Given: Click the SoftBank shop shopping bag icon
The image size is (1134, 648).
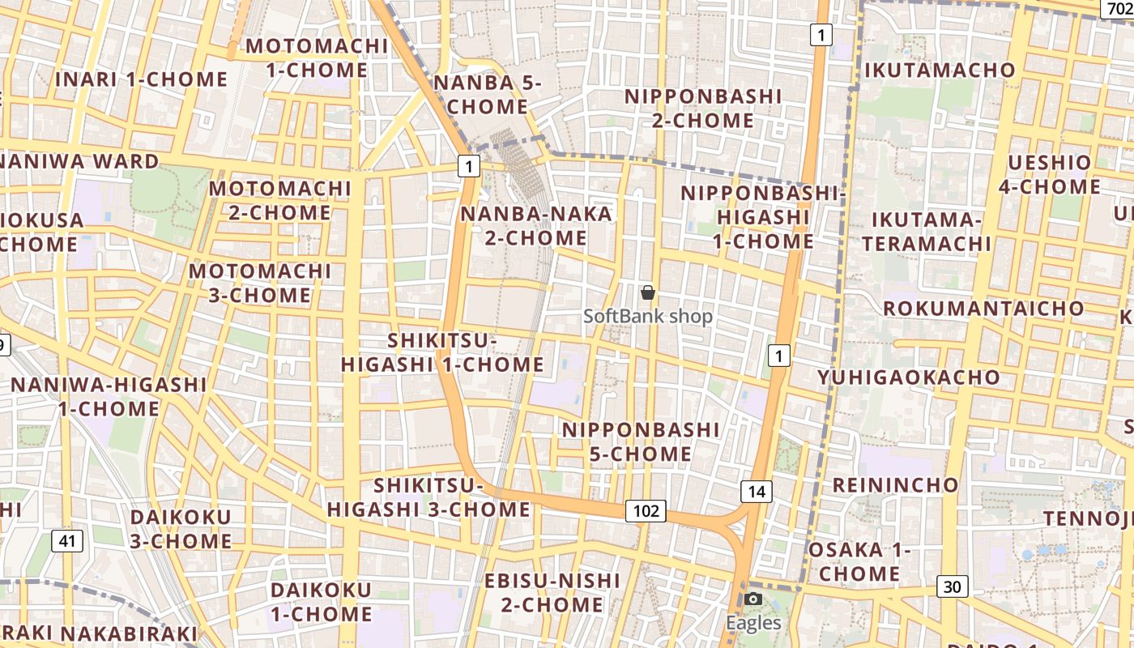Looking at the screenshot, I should coord(648,292).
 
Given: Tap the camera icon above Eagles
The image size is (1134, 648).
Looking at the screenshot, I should coord(753,599).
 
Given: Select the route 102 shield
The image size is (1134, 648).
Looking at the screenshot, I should coord(646,511).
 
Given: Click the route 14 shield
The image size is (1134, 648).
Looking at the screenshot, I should coord(756,491).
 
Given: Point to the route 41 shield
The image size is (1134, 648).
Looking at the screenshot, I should coord(67,541).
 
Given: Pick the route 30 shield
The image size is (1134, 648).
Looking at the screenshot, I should coord(953,586).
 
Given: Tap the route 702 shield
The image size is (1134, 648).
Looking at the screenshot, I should coord(1118,8).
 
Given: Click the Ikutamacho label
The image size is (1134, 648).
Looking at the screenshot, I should coord(940,70).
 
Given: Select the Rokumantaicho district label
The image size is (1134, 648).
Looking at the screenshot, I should coord(983,309).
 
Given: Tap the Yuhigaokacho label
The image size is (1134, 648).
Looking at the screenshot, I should coord(909,377).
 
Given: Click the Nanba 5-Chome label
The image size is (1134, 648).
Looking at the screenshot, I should coord(488,95).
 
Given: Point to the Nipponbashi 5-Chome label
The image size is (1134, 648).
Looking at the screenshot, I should coord(641,441).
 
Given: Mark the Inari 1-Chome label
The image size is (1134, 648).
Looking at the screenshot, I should coord(142,79).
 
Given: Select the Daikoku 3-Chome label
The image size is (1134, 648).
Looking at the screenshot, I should coord(181,529).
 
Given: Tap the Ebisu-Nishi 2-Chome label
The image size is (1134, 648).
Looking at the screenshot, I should coord(552,593).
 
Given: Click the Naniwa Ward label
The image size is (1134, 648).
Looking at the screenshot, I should coord(79,161).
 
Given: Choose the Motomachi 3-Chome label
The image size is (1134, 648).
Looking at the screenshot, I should coord(260,283).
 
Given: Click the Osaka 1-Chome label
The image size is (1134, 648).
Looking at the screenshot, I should coord(859,562).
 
